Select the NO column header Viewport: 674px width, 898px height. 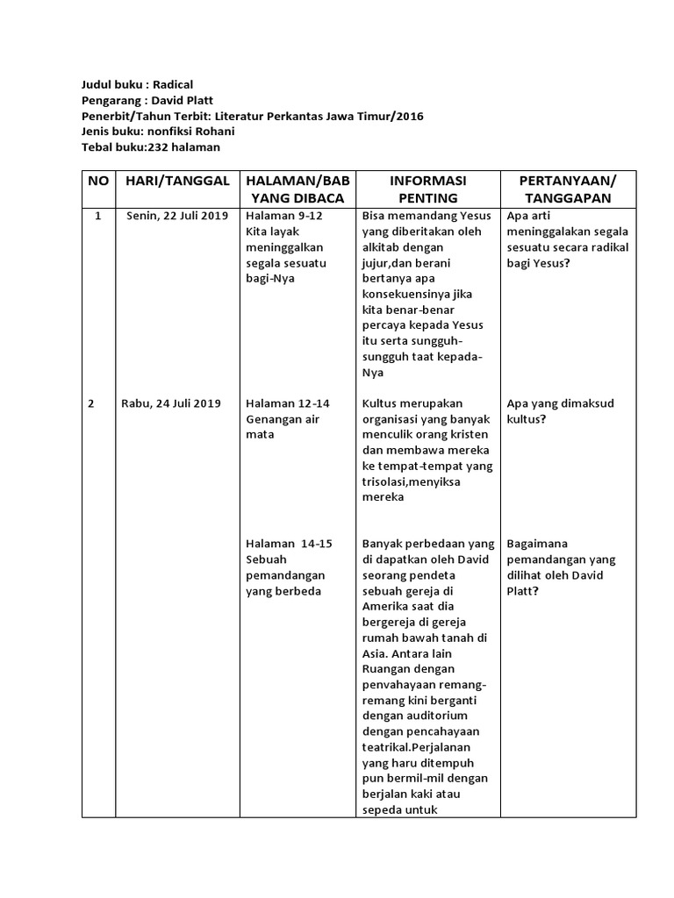pyautogui.click(x=98, y=181)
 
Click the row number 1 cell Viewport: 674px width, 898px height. pyautogui.click(x=98, y=216)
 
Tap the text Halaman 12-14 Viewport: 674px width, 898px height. pyautogui.click(x=288, y=403)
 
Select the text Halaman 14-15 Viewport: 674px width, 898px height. pyautogui.click(x=290, y=544)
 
